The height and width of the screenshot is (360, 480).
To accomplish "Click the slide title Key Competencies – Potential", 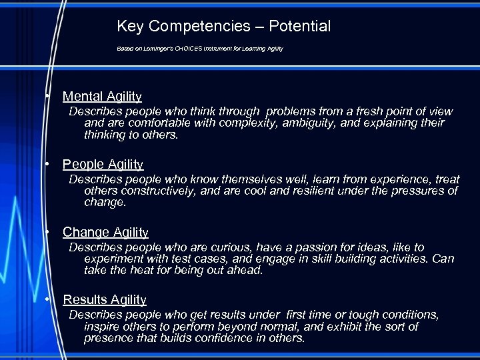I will coord(223,27).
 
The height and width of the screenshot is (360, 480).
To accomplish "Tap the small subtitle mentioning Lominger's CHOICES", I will coord(200,49).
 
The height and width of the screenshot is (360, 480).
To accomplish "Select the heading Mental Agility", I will coord(102,97).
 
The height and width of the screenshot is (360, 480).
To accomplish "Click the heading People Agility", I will coord(103,164).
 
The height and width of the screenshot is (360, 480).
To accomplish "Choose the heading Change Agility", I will coord(105,232).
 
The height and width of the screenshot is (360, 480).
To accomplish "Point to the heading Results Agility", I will coord(104,300).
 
